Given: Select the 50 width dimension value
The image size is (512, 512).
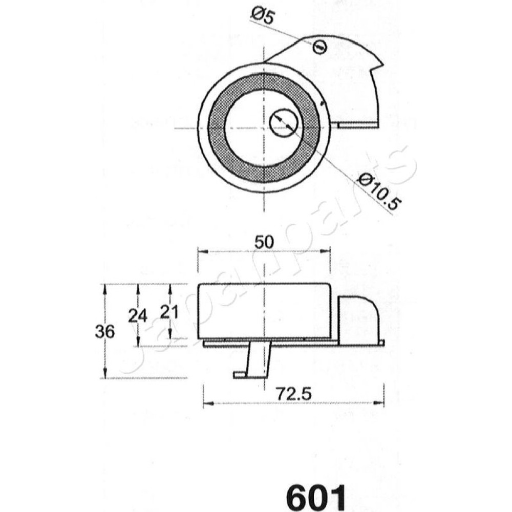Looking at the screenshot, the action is (x=264, y=242).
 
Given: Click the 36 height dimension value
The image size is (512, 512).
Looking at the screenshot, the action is (x=105, y=332).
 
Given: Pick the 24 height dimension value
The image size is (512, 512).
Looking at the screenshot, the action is (x=137, y=316).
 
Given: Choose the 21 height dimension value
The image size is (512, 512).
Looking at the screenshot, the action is (x=169, y=312).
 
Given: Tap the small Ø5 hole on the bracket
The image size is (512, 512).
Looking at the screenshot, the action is (x=319, y=47).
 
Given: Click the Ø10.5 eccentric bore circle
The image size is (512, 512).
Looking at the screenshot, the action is (x=284, y=122).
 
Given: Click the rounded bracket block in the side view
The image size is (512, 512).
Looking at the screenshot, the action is (x=358, y=320).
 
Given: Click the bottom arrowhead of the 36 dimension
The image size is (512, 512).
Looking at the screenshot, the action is (x=105, y=373).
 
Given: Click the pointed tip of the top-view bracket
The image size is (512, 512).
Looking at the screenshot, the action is (x=382, y=63).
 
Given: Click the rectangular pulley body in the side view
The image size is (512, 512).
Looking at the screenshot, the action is (x=264, y=311).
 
